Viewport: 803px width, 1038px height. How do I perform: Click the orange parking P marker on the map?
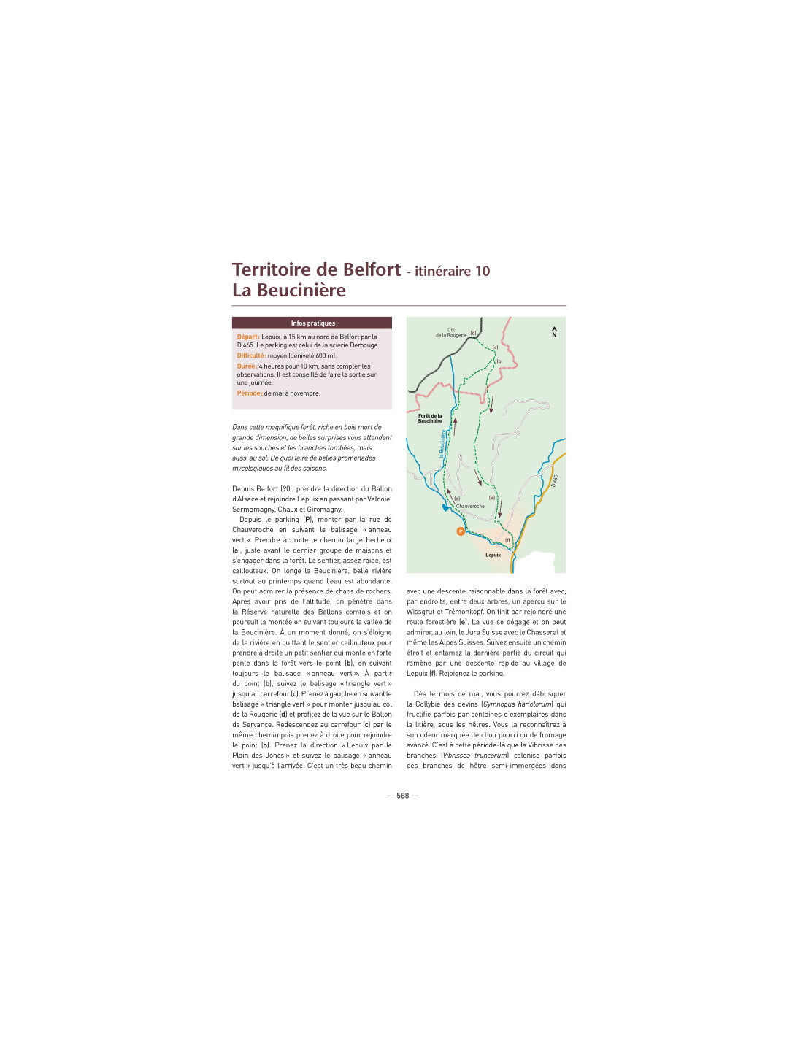click(x=461, y=531)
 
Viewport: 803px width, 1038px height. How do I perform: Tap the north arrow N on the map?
click(x=554, y=331)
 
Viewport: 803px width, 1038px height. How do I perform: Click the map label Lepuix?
click(x=493, y=555)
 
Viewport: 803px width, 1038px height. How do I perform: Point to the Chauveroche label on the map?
click(x=470, y=506)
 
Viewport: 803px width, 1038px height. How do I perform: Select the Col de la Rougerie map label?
click(x=451, y=333)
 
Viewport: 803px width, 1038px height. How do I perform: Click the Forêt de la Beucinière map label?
click(x=430, y=418)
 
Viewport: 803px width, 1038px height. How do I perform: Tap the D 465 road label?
click(x=555, y=480)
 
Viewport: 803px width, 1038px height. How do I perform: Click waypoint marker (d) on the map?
click(x=474, y=333)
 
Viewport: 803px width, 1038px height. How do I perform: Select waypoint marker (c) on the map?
click(x=495, y=347)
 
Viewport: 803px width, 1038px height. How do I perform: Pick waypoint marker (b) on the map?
click(x=499, y=361)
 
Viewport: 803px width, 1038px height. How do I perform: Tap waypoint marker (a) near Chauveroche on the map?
click(x=457, y=499)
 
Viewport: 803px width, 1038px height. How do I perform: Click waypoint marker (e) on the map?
click(x=491, y=498)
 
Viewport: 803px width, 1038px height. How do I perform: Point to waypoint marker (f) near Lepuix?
click(x=507, y=540)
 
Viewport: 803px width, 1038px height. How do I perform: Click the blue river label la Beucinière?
click(x=442, y=444)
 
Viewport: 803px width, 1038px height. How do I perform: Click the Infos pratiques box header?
click(x=312, y=323)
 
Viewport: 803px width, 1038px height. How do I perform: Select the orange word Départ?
click(x=248, y=337)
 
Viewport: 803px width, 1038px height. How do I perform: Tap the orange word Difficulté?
click(x=251, y=355)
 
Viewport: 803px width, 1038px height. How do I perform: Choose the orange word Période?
click(x=249, y=393)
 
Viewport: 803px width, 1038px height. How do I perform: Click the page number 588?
click(x=402, y=795)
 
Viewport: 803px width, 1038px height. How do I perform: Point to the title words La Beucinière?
click(x=289, y=290)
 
